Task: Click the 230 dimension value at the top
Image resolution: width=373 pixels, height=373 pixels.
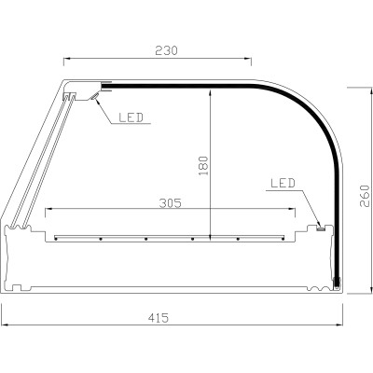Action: tap(157, 49)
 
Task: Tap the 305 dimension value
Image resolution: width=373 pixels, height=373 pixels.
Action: tap(170, 200)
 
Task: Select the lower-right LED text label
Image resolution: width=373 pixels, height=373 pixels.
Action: tap(282, 184)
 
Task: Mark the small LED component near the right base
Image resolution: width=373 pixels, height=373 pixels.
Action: tap(320, 226)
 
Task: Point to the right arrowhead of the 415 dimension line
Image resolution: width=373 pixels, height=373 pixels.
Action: tap(342, 325)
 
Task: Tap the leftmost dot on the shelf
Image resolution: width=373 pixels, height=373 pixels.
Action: tap(58, 238)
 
